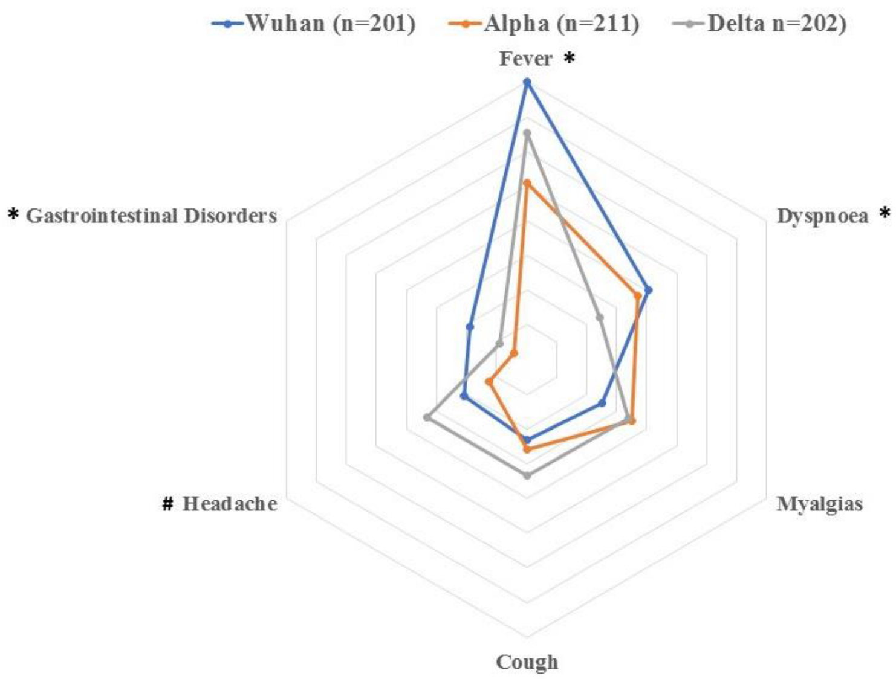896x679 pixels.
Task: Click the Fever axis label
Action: point(525,59)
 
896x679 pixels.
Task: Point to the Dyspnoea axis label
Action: point(822,216)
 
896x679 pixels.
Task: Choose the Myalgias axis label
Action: point(819,503)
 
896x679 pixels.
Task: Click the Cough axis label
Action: point(527,661)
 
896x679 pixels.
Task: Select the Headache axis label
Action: point(230,503)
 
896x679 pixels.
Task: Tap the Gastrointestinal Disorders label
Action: point(151,216)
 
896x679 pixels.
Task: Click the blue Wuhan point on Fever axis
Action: point(527,82)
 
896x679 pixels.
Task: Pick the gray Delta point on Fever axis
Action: point(527,133)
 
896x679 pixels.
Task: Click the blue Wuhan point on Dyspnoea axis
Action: point(648,290)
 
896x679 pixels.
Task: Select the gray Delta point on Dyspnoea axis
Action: point(600,317)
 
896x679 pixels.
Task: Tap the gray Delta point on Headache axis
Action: point(427,417)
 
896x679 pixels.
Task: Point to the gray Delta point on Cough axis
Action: point(527,475)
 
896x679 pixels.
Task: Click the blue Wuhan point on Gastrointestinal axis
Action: point(470,327)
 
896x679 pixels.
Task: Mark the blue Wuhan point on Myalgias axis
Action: point(602,403)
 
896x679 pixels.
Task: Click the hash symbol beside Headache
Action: point(168,503)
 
